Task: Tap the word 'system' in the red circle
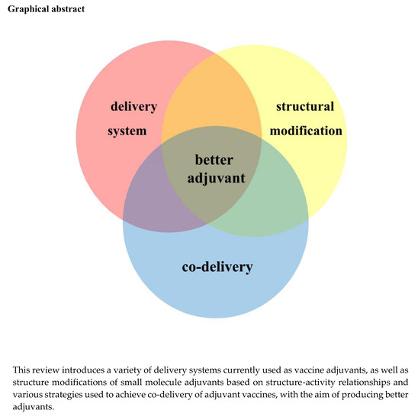click(x=127, y=131)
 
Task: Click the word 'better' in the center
click(x=214, y=160)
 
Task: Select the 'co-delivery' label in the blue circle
click(x=217, y=267)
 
